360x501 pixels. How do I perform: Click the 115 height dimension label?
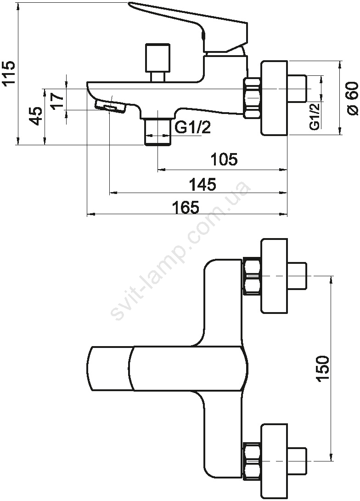(9, 73)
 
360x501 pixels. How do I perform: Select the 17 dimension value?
(58, 101)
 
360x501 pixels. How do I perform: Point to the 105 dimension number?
(224, 159)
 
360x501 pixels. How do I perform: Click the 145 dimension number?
(202, 184)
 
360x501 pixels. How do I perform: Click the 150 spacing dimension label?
(322, 368)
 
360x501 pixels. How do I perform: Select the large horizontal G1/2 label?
(193, 128)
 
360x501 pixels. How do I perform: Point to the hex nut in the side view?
(252, 98)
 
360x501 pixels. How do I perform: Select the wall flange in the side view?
(274, 98)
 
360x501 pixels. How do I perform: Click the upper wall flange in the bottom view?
(274, 276)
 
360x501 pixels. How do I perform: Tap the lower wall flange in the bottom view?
(274, 461)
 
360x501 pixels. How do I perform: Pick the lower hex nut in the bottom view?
(252, 461)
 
